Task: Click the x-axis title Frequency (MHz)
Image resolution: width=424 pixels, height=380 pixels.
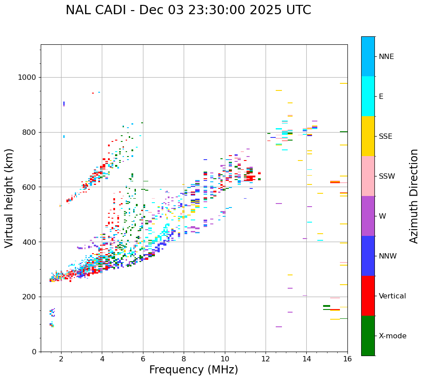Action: click(x=193, y=370)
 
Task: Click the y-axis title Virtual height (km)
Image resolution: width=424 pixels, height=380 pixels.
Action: click(x=9, y=198)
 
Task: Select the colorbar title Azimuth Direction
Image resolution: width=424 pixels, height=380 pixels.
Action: click(x=414, y=196)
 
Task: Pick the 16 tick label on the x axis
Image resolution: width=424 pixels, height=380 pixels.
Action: click(x=347, y=359)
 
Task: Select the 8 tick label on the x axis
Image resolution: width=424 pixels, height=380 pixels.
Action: click(x=184, y=359)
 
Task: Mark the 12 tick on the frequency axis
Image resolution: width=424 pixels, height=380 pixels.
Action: click(x=266, y=359)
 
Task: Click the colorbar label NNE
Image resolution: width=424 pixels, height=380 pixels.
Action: click(x=386, y=57)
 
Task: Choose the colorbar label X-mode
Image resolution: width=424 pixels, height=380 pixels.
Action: click(x=393, y=336)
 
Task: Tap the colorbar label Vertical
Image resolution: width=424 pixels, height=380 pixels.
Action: click(x=392, y=296)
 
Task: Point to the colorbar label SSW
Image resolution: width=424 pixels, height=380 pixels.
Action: click(x=387, y=176)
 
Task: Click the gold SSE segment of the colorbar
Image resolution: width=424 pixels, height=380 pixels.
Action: click(x=368, y=136)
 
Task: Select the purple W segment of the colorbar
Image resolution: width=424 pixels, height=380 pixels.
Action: click(x=368, y=216)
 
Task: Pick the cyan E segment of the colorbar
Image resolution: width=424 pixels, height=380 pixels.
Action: click(x=368, y=96)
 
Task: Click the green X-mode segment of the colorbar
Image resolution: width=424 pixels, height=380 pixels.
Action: click(x=368, y=336)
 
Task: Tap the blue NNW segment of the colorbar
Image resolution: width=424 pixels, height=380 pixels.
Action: click(x=368, y=256)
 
